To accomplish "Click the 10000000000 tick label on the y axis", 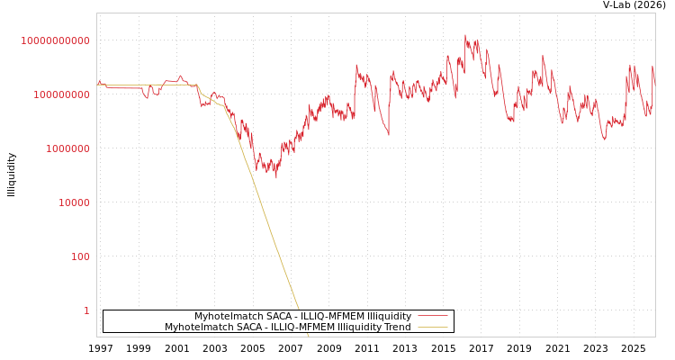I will pos(55,40).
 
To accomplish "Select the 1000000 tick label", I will pos(67,148).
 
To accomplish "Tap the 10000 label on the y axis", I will pos(74,202).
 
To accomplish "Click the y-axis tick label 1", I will pos(86,310).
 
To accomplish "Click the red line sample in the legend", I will pos(433,317).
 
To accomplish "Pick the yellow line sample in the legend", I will pos(433,328).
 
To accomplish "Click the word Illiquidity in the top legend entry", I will pos(389,317).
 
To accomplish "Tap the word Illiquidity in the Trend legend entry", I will pos(358,328).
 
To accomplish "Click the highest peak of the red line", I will pos(465,36).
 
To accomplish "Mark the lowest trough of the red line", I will pos(276,177).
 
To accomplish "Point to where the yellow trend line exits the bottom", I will pos(308,336).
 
